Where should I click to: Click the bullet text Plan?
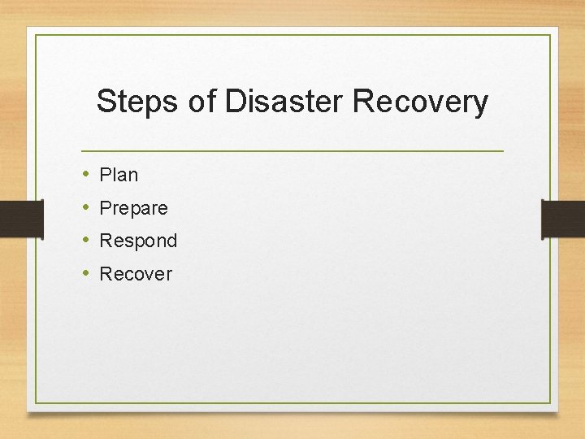(x=119, y=175)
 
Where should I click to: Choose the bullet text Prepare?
(x=133, y=208)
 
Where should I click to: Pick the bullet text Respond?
(x=138, y=241)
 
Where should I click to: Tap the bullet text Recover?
(x=136, y=274)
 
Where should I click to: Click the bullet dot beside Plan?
(x=86, y=175)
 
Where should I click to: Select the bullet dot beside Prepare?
(x=86, y=208)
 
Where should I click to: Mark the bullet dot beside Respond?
(x=86, y=241)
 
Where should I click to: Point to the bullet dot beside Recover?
(x=86, y=274)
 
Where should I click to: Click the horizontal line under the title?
(x=292, y=151)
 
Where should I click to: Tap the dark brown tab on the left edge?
(x=21, y=219)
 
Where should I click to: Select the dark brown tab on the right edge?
(x=563, y=219)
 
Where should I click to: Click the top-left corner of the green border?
(x=35, y=35)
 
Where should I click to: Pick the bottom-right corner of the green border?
(x=550, y=403)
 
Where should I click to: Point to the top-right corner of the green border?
(x=550, y=35)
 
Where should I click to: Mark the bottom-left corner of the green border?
(x=35, y=403)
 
